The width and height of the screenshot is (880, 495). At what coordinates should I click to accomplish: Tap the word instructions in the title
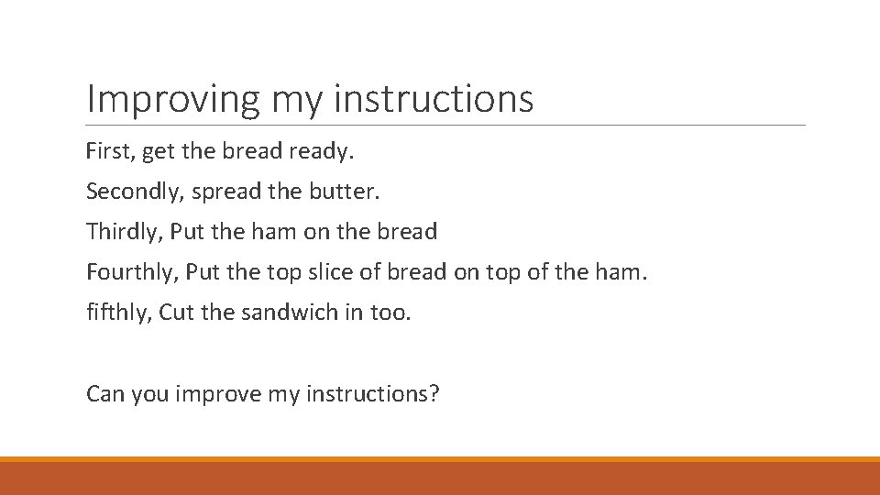pyautogui.click(x=433, y=99)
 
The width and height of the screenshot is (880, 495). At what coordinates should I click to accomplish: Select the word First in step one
pyautogui.click(x=107, y=151)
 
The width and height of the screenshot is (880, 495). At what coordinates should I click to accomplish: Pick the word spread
pyautogui.click(x=230, y=192)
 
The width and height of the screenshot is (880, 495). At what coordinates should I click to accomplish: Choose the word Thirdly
pyautogui.click(x=123, y=232)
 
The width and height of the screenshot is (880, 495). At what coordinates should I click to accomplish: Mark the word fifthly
pyautogui.click(x=118, y=313)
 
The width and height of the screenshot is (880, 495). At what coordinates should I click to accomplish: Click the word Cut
pyautogui.click(x=177, y=313)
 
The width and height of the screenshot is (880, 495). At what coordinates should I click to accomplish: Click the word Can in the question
pyautogui.click(x=105, y=394)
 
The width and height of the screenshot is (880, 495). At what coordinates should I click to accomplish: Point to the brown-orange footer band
pyautogui.click(x=440, y=478)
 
